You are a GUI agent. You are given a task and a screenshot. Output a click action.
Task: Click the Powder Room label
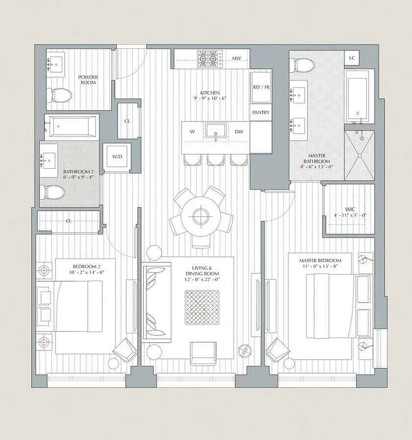pyautogui.click(x=87, y=80)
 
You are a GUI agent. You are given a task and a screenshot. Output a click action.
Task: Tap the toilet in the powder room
pyautogui.click(x=61, y=96)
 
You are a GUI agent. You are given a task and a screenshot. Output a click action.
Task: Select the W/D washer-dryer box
pyautogui.click(x=118, y=157)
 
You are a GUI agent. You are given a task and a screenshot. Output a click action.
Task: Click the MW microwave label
pyautogui.click(x=236, y=58)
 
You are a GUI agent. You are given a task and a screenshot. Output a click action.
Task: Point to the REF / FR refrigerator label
pyautogui.click(x=261, y=87)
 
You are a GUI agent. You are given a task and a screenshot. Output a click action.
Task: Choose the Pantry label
pyautogui.click(x=260, y=112)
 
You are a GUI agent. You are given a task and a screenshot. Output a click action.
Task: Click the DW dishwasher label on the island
pyautogui.click(x=239, y=132)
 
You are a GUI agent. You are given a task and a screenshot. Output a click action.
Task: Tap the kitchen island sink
pyautogui.click(x=215, y=131)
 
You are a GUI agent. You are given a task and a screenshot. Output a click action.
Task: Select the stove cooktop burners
pyautogui.click(x=208, y=57)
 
